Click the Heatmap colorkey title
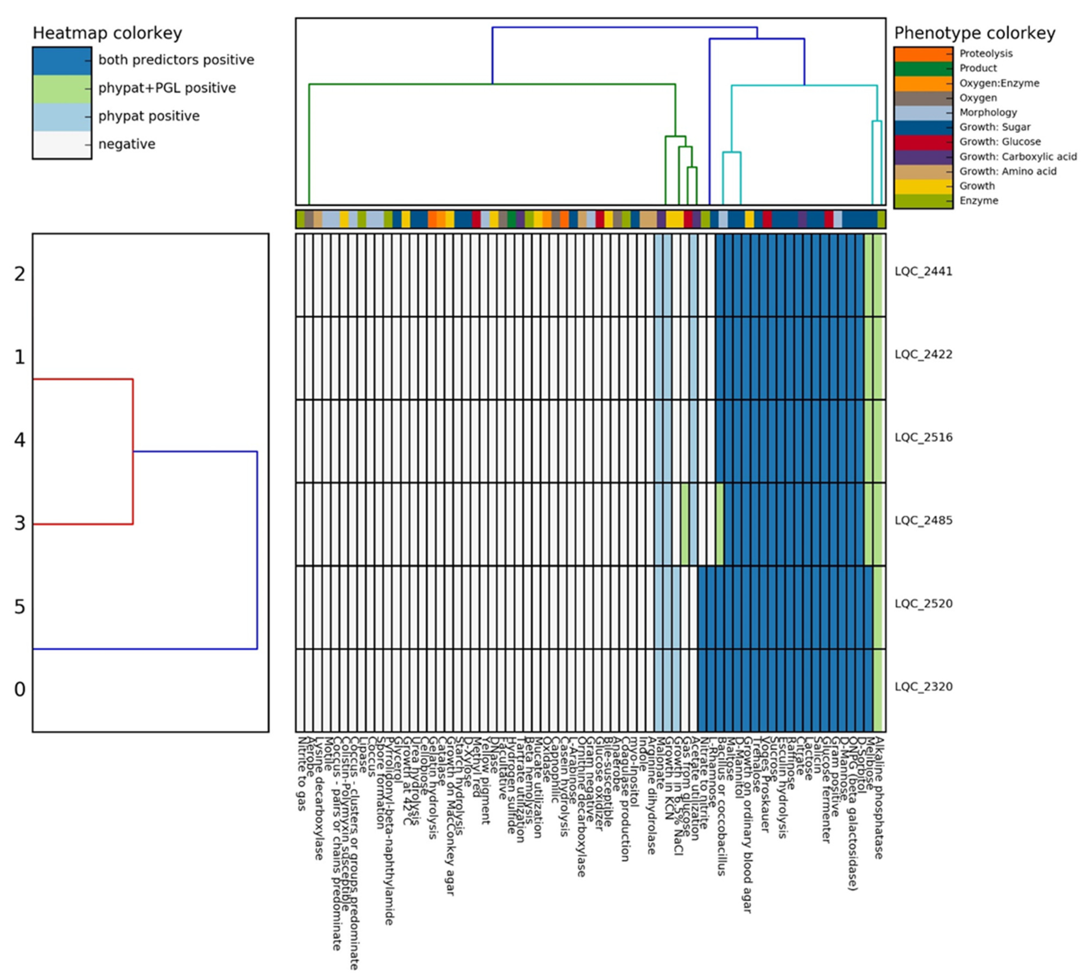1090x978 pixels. pyautogui.click(x=107, y=33)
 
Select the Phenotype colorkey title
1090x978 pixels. pyautogui.click(x=975, y=33)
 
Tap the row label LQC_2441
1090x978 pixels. pyautogui.click(x=923, y=272)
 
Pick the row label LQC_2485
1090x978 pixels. pyautogui.click(x=923, y=520)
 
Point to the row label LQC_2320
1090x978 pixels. pyautogui.click(x=923, y=686)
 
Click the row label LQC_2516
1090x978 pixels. pyautogui.click(x=923, y=437)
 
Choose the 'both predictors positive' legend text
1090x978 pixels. pyautogui.click(x=176, y=60)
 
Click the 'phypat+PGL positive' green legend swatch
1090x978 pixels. pyautogui.click(x=62, y=88)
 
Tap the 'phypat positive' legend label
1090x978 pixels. pyautogui.click(x=149, y=116)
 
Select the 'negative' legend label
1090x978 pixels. pyautogui.click(x=127, y=144)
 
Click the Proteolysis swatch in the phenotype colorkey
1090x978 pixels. pyautogui.click(x=923, y=54)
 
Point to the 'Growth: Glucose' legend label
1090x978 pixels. pyautogui.click(x=1000, y=142)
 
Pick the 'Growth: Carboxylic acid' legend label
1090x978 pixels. pyautogui.click(x=1018, y=157)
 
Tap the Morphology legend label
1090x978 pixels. pyautogui.click(x=988, y=112)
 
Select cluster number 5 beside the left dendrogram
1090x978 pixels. pyautogui.click(x=20, y=607)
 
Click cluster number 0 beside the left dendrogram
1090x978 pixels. pyautogui.click(x=20, y=689)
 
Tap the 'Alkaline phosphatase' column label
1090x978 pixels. pyautogui.click(x=879, y=798)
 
